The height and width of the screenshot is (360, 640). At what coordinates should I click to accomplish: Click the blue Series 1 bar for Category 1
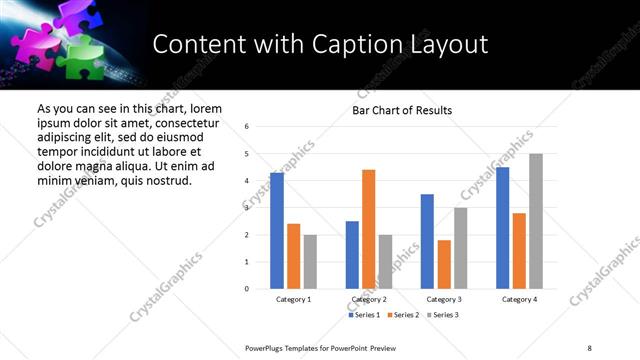(277, 231)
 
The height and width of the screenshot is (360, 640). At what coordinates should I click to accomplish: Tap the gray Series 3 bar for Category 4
(536, 221)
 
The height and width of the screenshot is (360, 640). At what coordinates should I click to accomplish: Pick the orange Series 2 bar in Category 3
(444, 264)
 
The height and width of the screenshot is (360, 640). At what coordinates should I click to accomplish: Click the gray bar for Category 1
(310, 262)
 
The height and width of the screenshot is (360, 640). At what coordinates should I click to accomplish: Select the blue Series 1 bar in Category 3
(427, 241)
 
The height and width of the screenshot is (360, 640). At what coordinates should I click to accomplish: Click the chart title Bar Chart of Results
(402, 110)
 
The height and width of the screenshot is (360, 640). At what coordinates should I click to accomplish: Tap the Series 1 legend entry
(364, 315)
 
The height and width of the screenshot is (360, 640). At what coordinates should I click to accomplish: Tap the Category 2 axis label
(368, 299)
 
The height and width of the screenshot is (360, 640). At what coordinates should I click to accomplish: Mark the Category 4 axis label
(519, 299)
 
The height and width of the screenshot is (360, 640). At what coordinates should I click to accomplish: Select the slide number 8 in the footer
(589, 347)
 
